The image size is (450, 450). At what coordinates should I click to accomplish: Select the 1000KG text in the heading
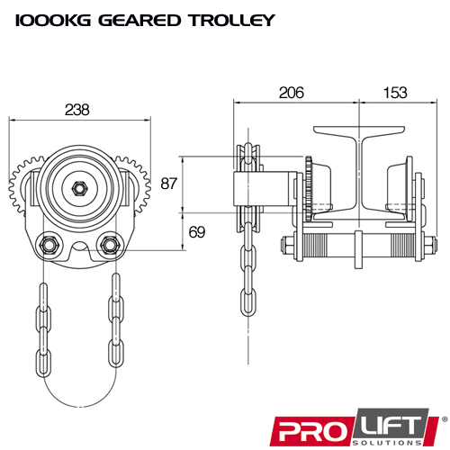click(x=47, y=20)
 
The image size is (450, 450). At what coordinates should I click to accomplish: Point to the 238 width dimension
click(x=77, y=109)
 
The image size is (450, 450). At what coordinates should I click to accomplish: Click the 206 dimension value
click(x=292, y=93)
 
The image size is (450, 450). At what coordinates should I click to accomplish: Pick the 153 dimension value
click(x=395, y=93)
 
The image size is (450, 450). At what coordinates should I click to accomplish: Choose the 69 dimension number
click(x=197, y=231)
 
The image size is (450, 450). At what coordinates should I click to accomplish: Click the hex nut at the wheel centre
click(x=78, y=188)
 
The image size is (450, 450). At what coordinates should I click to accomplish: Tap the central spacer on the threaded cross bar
click(x=358, y=247)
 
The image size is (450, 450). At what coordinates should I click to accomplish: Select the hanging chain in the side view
click(x=246, y=270)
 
